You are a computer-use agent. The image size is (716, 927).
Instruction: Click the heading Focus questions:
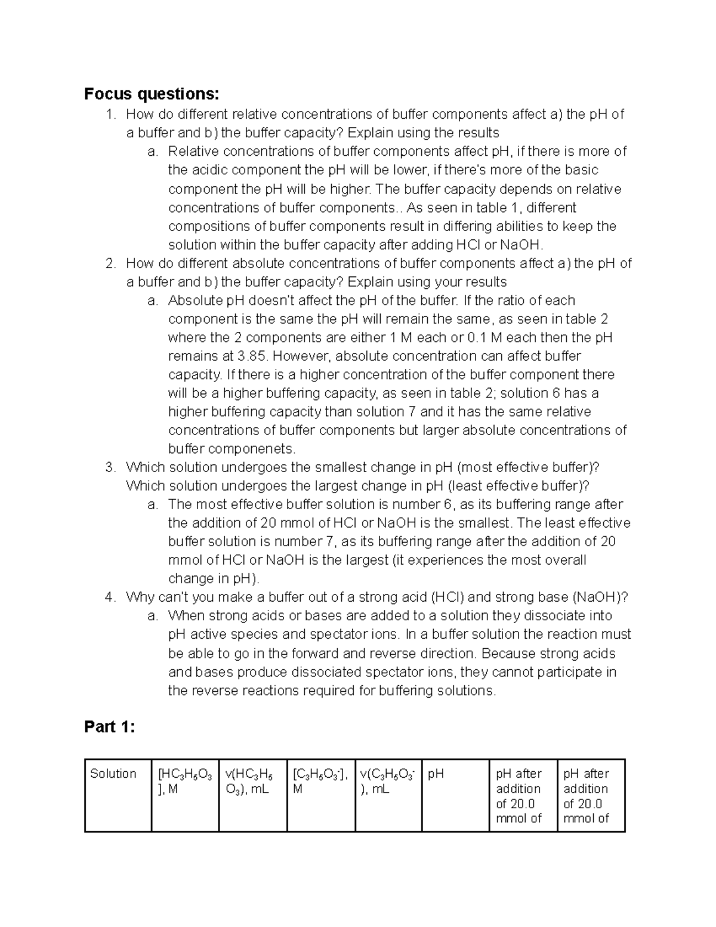click(152, 94)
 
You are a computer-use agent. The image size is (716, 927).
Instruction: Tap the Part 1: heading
click(110, 727)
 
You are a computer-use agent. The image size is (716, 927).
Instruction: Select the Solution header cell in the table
click(113, 774)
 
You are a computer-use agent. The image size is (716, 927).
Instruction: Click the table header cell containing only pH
click(436, 774)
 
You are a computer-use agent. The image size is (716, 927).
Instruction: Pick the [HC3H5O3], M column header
click(184, 781)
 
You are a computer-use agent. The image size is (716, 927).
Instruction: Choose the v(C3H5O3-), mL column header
click(388, 781)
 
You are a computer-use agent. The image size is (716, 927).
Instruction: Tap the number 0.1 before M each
click(477, 338)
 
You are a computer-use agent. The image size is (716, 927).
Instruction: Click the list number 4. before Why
click(110, 598)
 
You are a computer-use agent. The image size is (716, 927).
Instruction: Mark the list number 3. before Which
click(110, 467)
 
